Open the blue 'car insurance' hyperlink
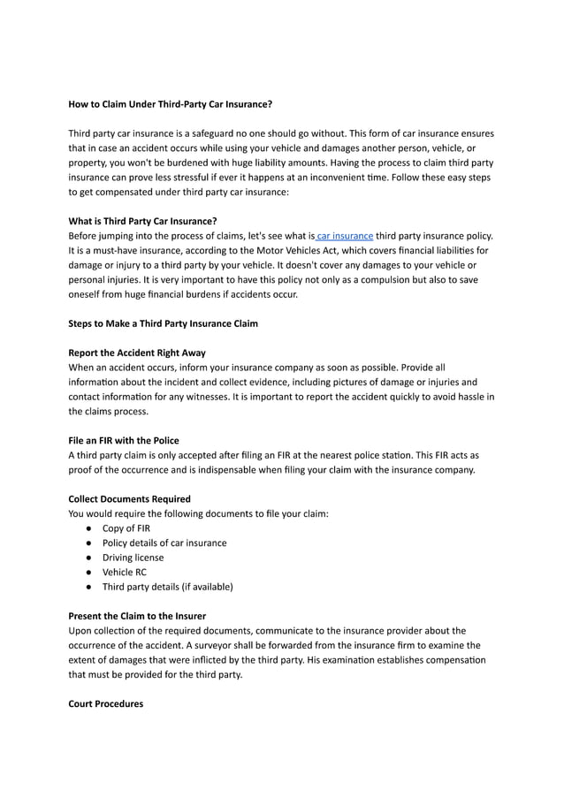[x=345, y=236]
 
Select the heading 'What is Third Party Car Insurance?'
[x=142, y=221]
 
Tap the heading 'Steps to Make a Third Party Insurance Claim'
[x=163, y=323]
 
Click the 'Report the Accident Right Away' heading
[x=137, y=353]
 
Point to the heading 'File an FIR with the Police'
[x=124, y=440]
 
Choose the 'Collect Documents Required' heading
[x=129, y=499]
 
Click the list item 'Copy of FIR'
[x=126, y=528]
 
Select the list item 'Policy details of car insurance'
[x=164, y=543]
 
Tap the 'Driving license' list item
[x=133, y=558]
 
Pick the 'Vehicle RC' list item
[x=125, y=572]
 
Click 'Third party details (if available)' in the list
[x=167, y=587]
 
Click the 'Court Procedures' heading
[x=105, y=703]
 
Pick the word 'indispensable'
[x=238, y=469]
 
